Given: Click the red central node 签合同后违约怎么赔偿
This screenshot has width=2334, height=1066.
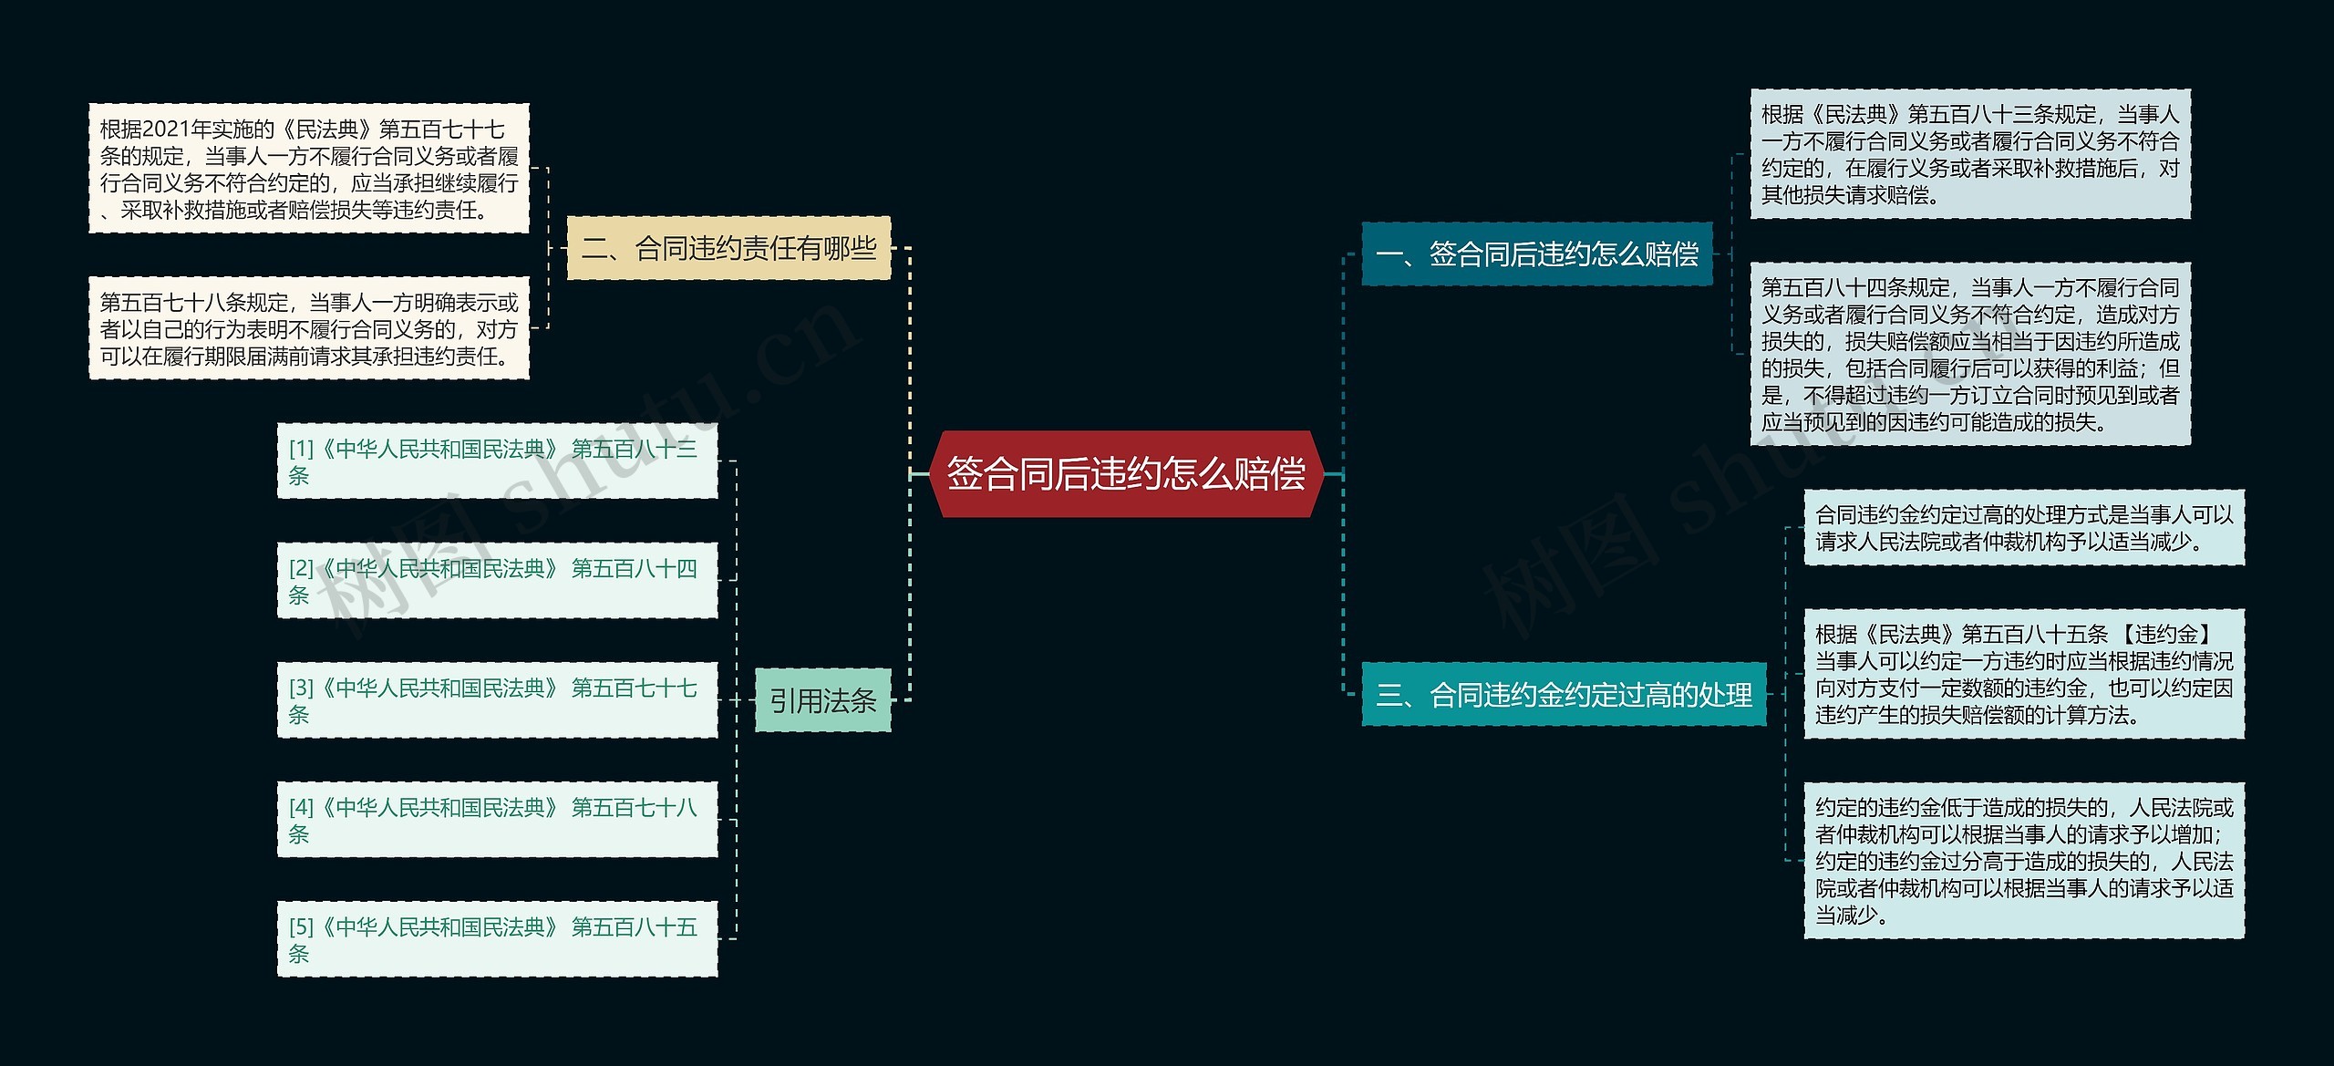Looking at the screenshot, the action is point(1126,474).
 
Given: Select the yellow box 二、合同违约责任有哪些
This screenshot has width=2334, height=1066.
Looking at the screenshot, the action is point(728,248).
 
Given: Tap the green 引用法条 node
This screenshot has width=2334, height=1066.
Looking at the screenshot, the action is point(822,700).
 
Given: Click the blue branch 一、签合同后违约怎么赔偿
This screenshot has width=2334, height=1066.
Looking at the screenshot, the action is point(1536,254).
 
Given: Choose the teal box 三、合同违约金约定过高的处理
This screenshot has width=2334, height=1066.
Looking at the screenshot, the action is point(1563,696).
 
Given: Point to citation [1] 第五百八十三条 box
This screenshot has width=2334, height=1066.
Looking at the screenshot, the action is point(497,461).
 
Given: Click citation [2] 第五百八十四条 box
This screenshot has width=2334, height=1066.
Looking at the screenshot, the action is point(497,581).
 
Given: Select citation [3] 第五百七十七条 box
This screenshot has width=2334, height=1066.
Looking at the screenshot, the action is point(497,700).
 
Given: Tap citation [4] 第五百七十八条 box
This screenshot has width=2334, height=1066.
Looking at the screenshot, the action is point(497,820).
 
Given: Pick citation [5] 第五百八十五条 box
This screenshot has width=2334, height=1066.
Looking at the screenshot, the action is point(497,939).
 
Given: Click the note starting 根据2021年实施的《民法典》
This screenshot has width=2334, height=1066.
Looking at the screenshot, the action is point(308,169).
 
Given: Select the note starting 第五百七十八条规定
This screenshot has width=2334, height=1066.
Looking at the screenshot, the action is point(308,328).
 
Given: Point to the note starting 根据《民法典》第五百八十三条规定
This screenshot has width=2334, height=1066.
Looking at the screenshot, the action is point(1969,154).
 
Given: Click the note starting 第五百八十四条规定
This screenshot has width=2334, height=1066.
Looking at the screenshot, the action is point(1969,354).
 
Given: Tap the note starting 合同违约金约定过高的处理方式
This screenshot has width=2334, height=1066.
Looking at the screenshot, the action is point(2024,528).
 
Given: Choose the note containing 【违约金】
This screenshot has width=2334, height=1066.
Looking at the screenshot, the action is point(2024,674).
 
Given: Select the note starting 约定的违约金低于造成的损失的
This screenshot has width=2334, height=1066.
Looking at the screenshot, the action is point(2024,860).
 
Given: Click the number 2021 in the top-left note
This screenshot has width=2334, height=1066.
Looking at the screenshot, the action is point(165,129).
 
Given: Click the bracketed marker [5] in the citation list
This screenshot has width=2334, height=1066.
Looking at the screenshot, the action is point(301,927).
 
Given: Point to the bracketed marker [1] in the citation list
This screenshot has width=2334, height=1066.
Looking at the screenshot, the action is point(301,450).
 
